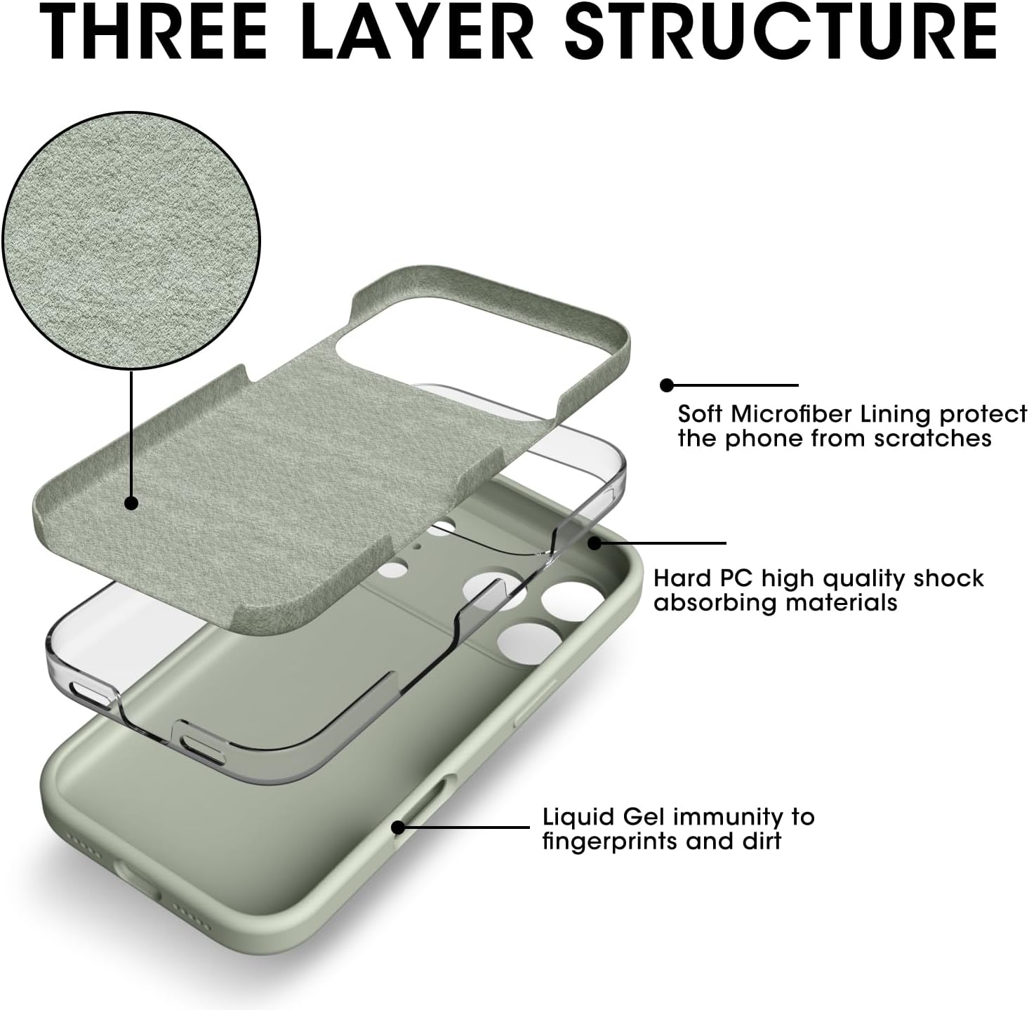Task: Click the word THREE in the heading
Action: point(153,32)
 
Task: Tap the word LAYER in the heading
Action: point(422,32)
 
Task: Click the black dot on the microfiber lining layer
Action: point(131,503)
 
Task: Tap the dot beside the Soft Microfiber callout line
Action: point(666,385)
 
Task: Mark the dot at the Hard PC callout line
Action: point(595,543)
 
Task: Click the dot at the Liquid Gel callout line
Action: point(399,828)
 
